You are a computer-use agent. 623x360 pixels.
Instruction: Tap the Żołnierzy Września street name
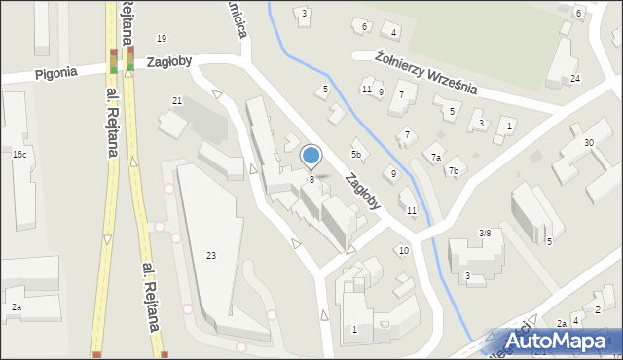425,73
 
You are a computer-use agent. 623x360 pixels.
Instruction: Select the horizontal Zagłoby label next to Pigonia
168,60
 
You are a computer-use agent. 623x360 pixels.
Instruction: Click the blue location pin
311,156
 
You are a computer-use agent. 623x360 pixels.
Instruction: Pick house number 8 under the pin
311,179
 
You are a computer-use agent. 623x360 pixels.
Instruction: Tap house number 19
162,38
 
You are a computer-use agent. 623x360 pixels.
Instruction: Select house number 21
176,101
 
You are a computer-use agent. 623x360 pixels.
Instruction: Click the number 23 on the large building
211,255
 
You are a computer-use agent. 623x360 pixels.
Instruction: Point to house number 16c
19,155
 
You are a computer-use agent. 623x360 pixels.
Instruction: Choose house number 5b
357,154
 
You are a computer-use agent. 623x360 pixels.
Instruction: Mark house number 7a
437,158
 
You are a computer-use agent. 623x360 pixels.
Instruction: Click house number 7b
454,171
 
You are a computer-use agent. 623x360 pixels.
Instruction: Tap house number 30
589,143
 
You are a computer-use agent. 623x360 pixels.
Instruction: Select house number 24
575,78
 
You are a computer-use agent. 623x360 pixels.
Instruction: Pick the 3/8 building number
485,233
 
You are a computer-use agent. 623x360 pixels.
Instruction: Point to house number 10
404,251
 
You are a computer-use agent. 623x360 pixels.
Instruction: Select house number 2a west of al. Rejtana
16,307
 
